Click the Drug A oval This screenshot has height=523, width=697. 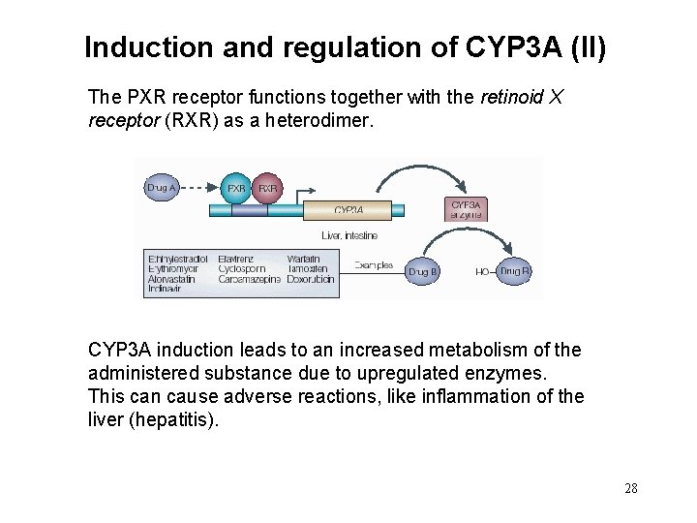(x=162, y=187)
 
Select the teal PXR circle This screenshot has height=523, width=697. (x=235, y=187)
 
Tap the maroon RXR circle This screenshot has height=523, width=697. (x=268, y=187)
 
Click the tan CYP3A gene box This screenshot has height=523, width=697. (x=348, y=210)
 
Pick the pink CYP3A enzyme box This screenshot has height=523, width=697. (x=466, y=209)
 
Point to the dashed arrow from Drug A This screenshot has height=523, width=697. (x=199, y=187)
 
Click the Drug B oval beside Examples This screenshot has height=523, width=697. (x=423, y=272)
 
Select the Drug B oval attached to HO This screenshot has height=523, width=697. (x=514, y=271)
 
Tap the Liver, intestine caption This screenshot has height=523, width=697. (x=349, y=235)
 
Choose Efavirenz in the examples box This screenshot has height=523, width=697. (x=236, y=259)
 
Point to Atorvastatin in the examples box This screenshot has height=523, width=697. (x=171, y=279)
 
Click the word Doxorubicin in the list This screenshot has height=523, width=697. (x=311, y=279)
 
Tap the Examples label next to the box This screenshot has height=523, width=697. (x=373, y=264)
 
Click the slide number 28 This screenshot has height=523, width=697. (x=631, y=488)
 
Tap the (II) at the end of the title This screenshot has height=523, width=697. (x=589, y=47)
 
